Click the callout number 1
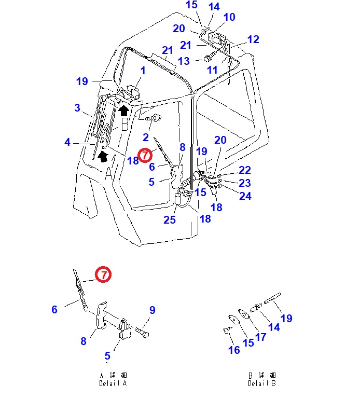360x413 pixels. [x=143, y=71]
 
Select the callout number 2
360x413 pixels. [x=146, y=137]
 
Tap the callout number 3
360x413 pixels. [x=77, y=108]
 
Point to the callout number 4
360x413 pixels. [x=67, y=142]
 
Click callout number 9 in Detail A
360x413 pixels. [x=153, y=310]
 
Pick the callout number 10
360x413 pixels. [x=229, y=17]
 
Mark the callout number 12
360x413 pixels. [x=253, y=39]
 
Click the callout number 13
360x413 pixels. [x=184, y=61]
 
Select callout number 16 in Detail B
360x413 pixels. [x=234, y=350]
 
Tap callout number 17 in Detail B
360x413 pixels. [x=260, y=337]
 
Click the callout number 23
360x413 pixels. [x=244, y=183]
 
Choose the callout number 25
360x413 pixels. [x=170, y=220]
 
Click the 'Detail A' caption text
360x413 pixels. [x=113, y=383]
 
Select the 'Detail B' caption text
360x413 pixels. [x=261, y=383]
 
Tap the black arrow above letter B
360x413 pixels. [x=123, y=110]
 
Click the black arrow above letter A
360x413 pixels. [x=103, y=155]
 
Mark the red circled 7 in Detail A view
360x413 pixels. [x=103, y=274]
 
